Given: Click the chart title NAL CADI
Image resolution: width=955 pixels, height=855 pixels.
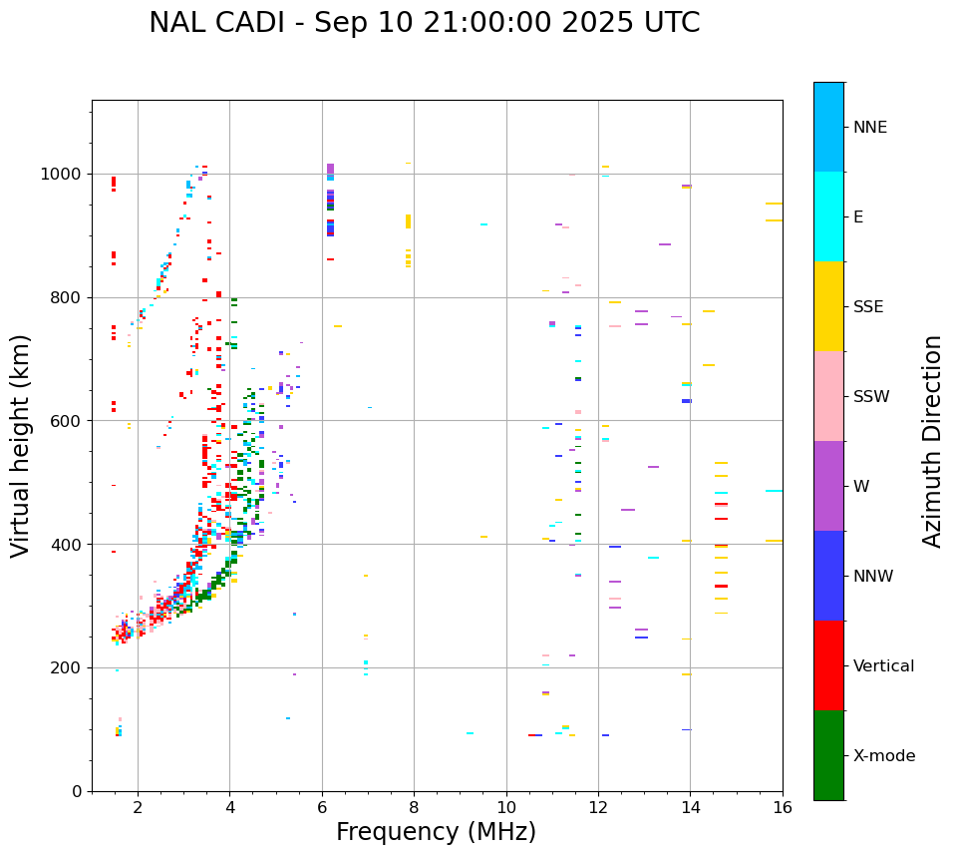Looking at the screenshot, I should pos(424,23).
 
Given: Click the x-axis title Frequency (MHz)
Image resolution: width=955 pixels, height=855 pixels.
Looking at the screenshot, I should pos(436,832).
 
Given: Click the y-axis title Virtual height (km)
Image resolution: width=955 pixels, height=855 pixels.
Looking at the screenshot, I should pos(21,445).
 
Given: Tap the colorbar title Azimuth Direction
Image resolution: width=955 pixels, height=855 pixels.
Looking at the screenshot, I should pos(932,441).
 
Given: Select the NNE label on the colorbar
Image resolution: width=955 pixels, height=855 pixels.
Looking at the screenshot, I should pos(869,128).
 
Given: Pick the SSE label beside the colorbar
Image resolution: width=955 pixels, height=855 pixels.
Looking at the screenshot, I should pos(867,307).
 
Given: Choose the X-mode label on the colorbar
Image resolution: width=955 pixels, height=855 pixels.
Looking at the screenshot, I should pos(883,756).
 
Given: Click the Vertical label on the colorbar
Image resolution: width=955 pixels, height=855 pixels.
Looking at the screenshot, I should pos(883,666).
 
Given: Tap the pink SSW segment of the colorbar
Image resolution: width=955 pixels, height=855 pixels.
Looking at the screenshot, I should pos(828,396).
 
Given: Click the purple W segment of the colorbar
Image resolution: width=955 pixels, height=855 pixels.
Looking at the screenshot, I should pos(828,486).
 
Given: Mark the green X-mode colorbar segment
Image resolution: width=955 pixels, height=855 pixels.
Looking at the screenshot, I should pos(828,755).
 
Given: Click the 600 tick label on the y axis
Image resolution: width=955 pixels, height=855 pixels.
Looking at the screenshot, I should pos(68,421).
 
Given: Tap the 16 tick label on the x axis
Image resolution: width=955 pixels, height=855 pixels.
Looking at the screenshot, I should pos(782,807).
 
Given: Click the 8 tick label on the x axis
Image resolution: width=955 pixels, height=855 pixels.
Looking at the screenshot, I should pos(414,807).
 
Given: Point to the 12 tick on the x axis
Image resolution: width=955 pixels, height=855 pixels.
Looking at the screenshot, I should pos(598,807).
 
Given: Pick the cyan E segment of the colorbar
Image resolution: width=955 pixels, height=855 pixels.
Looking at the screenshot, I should pos(828,216).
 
